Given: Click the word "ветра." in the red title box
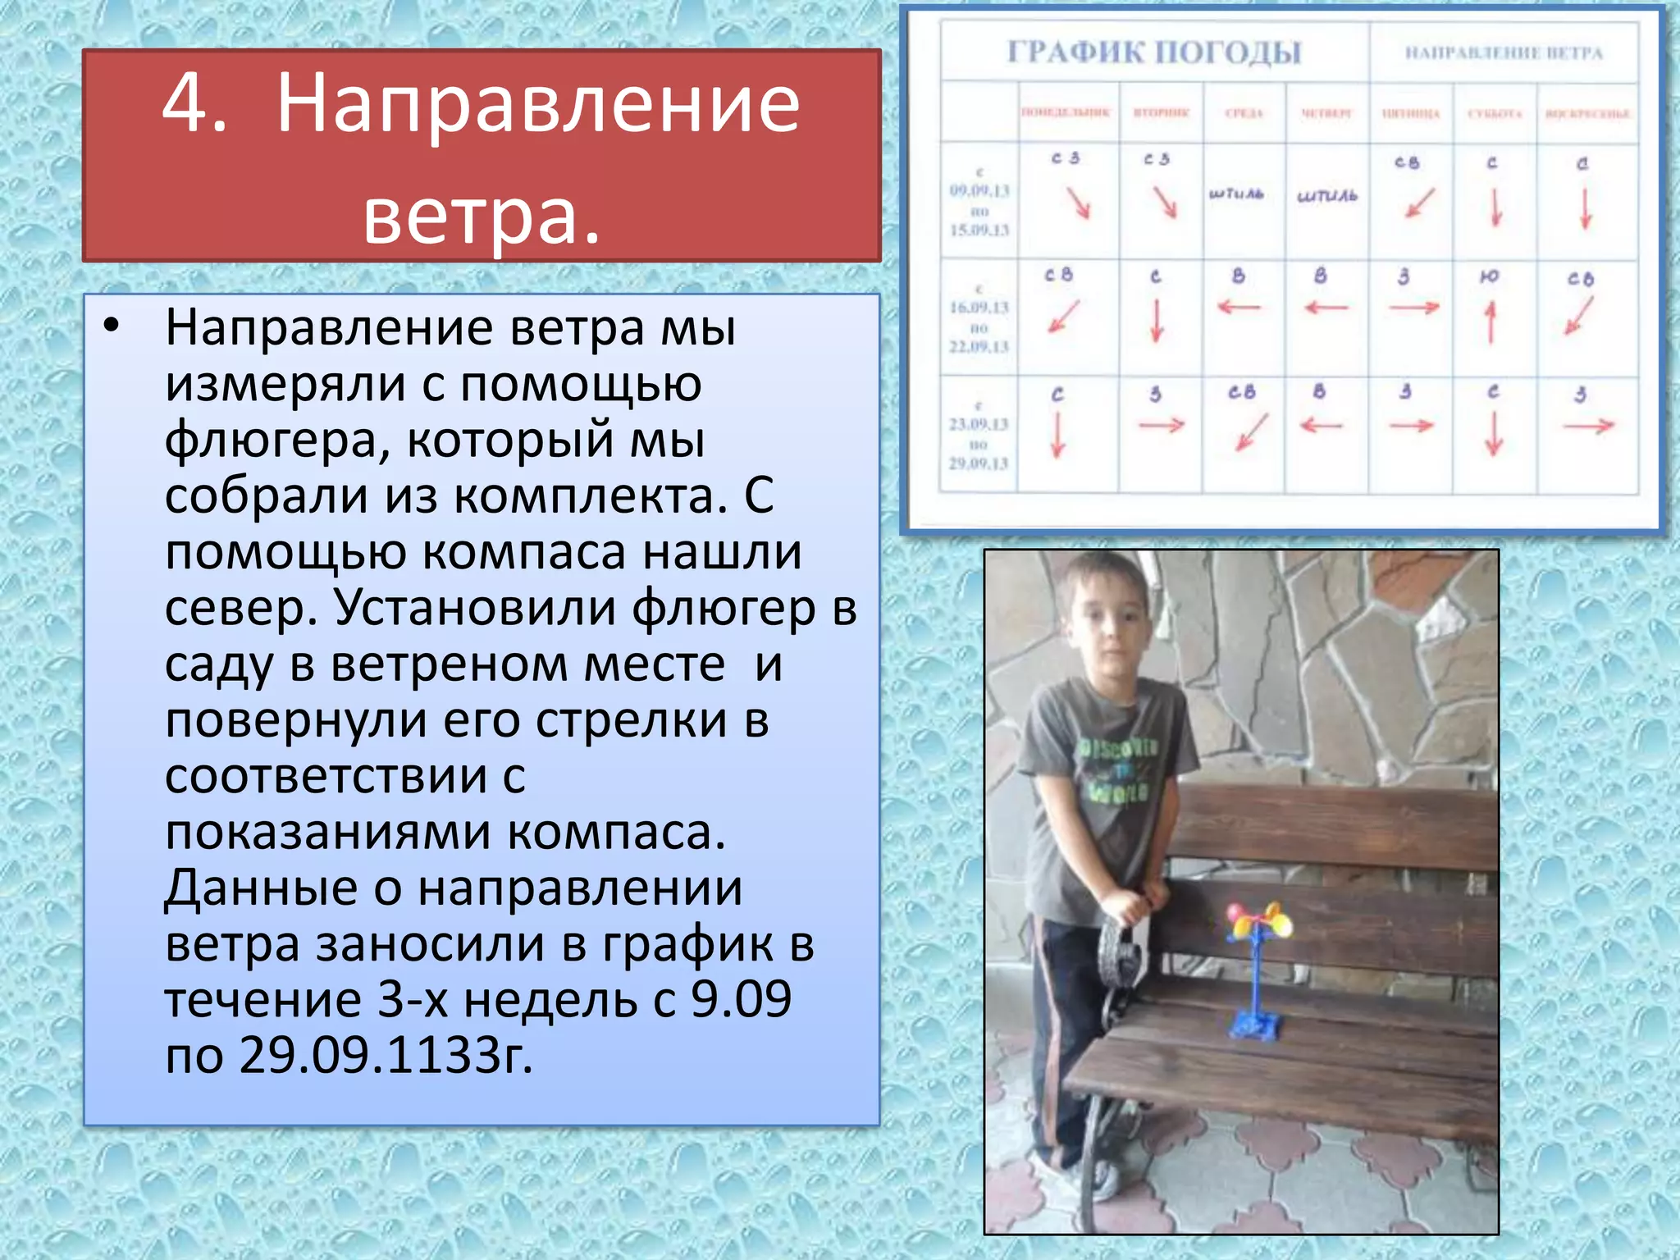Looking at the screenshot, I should (482, 216).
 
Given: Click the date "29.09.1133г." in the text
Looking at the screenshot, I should (386, 1055).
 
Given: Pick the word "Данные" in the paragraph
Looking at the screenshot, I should (261, 888).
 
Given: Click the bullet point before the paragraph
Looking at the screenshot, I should (112, 326).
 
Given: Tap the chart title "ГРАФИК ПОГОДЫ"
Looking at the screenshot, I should (1154, 52).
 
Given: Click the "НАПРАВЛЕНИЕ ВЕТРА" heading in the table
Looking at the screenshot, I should (1504, 53).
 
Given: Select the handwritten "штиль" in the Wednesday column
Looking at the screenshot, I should (1236, 194).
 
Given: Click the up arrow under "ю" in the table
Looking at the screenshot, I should (1491, 322).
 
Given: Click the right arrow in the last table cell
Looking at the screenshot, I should (1588, 426).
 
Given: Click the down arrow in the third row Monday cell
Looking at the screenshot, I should (1057, 435).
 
